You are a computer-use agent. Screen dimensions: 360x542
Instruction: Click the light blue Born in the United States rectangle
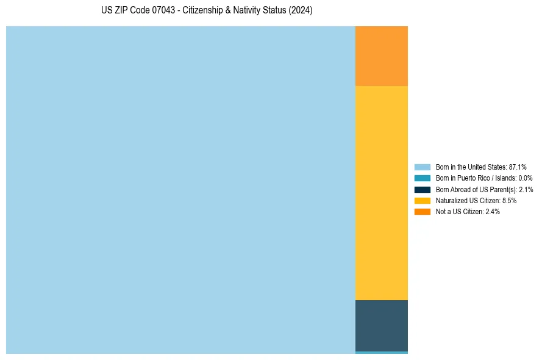pyautogui.click(x=180, y=190)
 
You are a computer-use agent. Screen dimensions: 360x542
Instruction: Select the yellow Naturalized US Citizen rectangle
pyautogui.click(x=381, y=193)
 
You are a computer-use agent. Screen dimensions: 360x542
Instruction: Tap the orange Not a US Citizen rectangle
pyautogui.click(x=381, y=56)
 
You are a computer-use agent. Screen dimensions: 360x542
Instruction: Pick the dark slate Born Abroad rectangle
pyautogui.click(x=381, y=325)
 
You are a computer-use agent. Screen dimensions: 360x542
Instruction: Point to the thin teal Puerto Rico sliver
pyautogui.click(x=381, y=352)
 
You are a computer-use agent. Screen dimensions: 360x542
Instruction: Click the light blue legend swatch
pyautogui.click(x=422, y=167)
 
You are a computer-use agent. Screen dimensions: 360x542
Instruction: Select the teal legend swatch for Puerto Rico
pyautogui.click(x=422, y=178)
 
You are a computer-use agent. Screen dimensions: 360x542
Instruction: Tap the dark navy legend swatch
pyautogui.click(x=422, y=189)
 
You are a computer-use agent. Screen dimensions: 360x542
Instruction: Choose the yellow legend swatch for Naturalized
pyautogui.click(x=422, y=200)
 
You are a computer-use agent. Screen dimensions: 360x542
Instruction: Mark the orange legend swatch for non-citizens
pyautogui.click(x=422, y=211)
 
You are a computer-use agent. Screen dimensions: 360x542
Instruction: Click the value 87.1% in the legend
pyautogui.click(x=518, y=167)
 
